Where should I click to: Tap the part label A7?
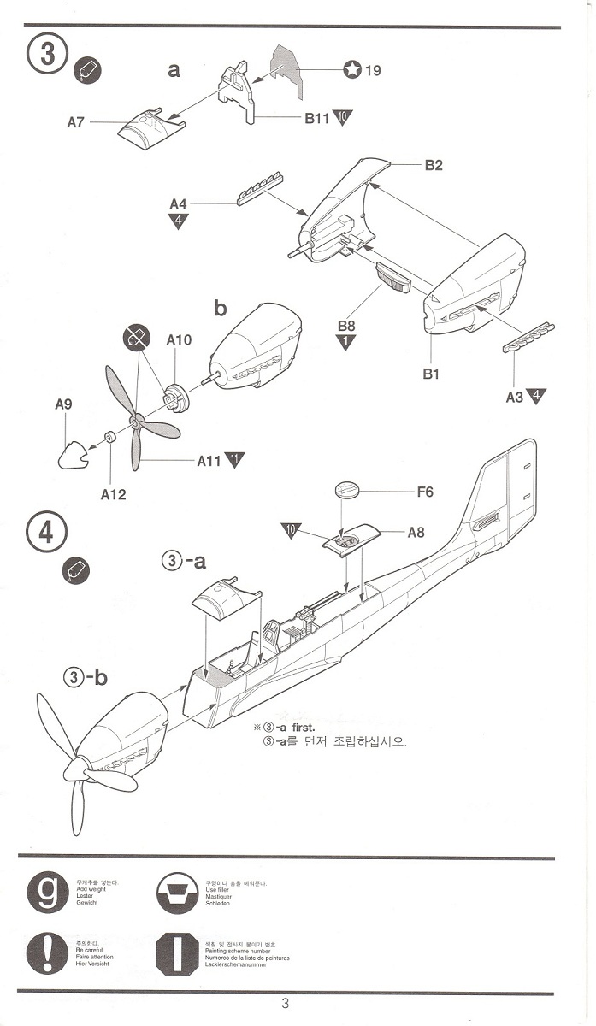(x=76, y=122)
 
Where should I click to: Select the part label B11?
(x=317, y=119)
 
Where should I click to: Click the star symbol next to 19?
(x=351, y=70)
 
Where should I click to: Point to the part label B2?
(x=434, y=165)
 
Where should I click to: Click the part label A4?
(x=178, y=204)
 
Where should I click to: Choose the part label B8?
(x=346, y=326)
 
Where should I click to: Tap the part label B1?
(x=430, y=374)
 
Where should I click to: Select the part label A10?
(x=179, y=340)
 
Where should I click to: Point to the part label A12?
(x=113, y=494)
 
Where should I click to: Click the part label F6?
(x=425, y=492)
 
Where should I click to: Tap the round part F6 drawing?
(x=347, y=490)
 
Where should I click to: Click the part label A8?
(x=416, y=533)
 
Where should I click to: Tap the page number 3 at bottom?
(x=285, y=1004)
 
